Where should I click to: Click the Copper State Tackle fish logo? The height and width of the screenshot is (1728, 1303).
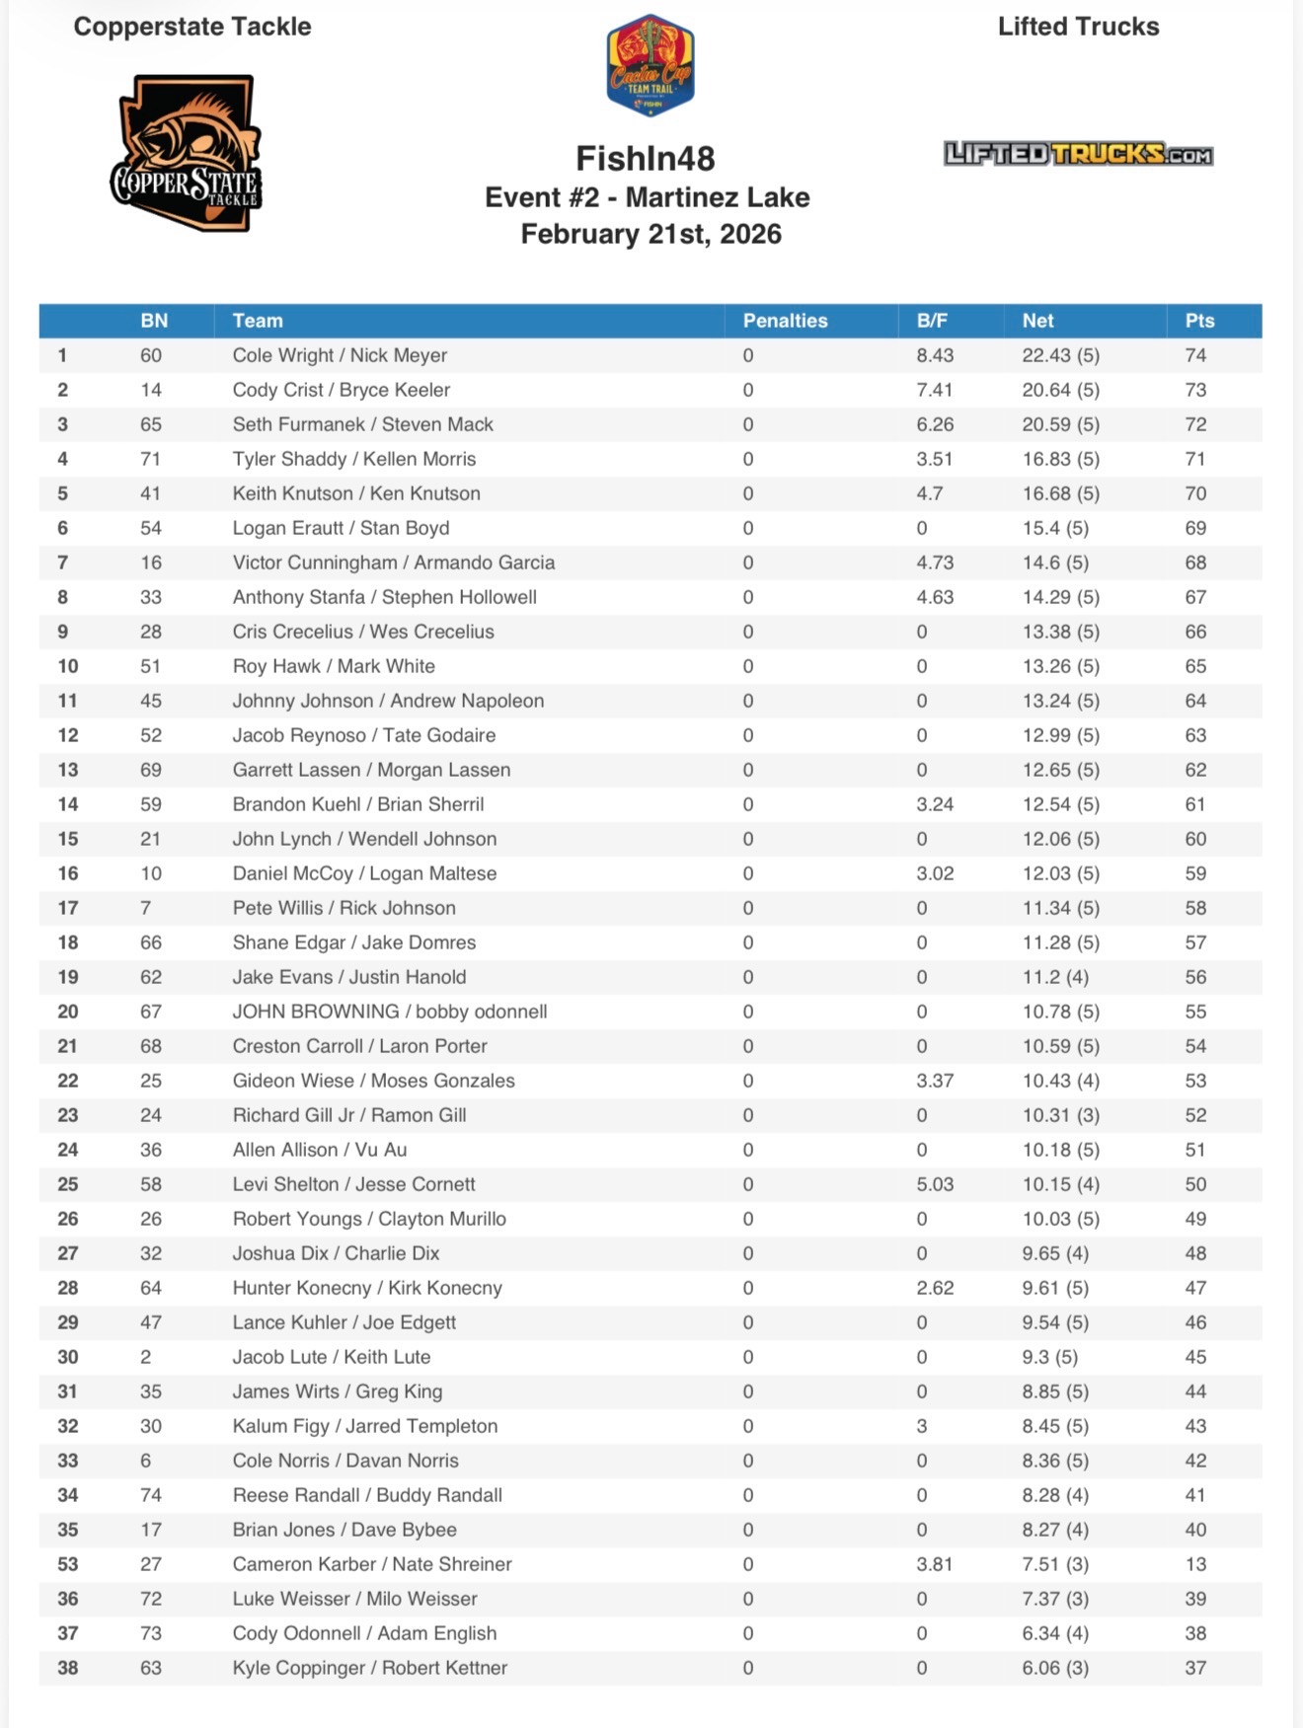point(186,154)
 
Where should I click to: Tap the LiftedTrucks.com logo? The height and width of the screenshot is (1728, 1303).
point(1078,154)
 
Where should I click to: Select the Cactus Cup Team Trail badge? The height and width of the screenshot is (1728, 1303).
point(650,65)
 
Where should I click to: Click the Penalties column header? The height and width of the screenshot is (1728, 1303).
point(785,321)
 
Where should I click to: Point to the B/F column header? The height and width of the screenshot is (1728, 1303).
point(932,321)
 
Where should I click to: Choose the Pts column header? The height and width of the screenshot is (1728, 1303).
point(1199,321)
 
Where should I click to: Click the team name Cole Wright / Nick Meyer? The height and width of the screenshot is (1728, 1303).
point(340,355)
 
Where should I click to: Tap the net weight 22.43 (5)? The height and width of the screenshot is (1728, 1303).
point(1060,355)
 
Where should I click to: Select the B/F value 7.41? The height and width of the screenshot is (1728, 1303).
point(934,390)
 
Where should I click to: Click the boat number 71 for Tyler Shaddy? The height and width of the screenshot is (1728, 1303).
point(151,459)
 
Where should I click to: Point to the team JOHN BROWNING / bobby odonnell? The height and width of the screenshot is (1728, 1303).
point(389,1012)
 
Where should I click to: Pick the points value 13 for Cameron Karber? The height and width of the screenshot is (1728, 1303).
point(1195,1564)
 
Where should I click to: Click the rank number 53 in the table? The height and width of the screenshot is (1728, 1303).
point(67,1564)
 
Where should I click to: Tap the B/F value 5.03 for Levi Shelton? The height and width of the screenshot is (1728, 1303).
point(934,1184)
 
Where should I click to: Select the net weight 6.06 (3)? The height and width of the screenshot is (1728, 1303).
point(1055,1668)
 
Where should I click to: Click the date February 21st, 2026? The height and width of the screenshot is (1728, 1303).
point(651,234)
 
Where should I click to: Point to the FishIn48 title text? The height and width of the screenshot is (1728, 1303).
point(646,158)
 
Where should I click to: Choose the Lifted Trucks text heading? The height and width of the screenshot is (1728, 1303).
point(1078,27)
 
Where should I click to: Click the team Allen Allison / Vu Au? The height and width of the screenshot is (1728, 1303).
point(319,1150)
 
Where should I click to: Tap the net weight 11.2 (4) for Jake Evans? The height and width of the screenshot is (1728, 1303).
point(1055,977)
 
